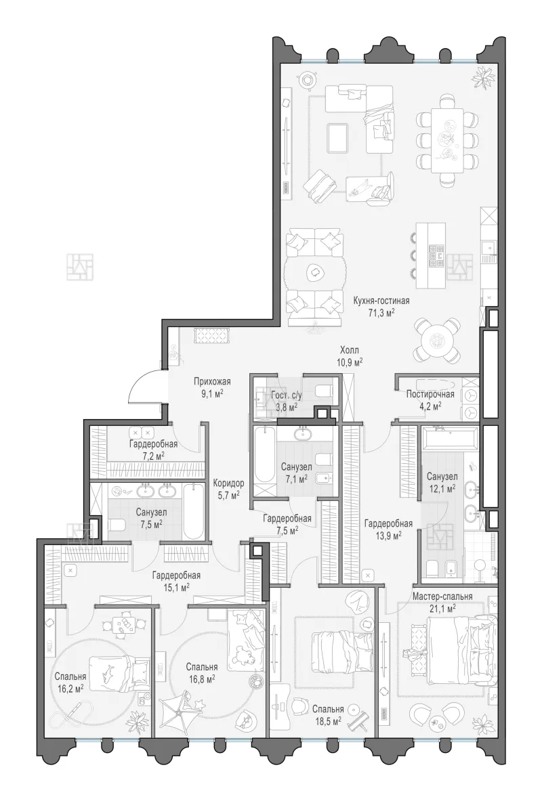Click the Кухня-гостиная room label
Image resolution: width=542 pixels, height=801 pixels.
381,301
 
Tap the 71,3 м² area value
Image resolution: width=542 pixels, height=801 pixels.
381,312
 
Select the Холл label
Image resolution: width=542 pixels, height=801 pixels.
350,351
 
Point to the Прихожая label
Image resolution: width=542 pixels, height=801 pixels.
212,381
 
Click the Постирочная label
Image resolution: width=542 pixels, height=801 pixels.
430,394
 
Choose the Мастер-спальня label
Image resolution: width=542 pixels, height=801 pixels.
442,596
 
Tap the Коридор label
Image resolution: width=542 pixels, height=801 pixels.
228,483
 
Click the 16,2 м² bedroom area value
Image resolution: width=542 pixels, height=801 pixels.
70,689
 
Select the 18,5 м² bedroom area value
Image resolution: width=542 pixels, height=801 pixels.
328,721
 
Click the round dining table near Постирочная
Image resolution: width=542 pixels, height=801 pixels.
437,339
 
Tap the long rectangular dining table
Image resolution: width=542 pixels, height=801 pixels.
448,140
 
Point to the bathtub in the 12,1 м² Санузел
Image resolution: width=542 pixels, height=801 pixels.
449,438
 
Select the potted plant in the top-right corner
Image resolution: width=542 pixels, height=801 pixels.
483,76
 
